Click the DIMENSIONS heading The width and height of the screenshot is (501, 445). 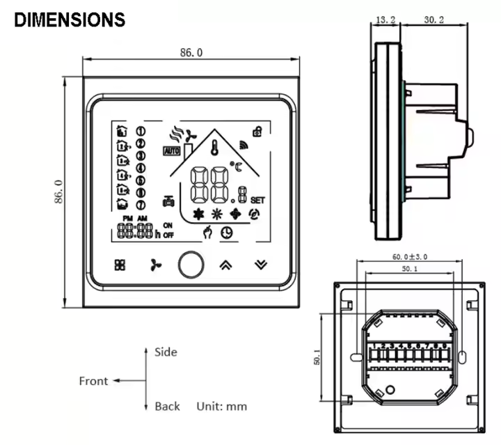click(70, 19)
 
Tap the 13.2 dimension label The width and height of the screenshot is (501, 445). click(385, 21)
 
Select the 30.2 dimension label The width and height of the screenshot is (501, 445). click(434, 21)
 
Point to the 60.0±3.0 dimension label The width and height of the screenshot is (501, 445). click(405, 257)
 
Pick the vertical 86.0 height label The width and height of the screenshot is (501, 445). click(58, 192)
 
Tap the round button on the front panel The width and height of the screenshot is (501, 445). click(189, 265)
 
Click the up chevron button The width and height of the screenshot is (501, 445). click(225, 265)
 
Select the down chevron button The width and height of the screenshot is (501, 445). click(260, 265)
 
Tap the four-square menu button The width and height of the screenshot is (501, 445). click(120, 265)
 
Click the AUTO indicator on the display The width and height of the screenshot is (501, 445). click(171, 150)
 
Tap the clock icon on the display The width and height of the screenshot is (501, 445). click(226, 234)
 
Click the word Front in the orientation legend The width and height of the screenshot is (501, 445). click(93, 381)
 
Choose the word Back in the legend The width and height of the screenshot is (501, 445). click(167, 406)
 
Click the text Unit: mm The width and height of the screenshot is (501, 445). click(221, 406)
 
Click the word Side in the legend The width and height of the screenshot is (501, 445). click(166, 352)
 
